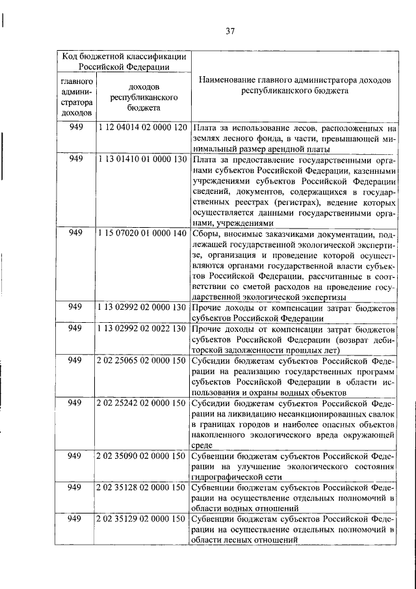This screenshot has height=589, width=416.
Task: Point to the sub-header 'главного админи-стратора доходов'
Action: click(77, 97)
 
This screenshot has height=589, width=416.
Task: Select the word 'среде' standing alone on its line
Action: click(203, 446)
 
